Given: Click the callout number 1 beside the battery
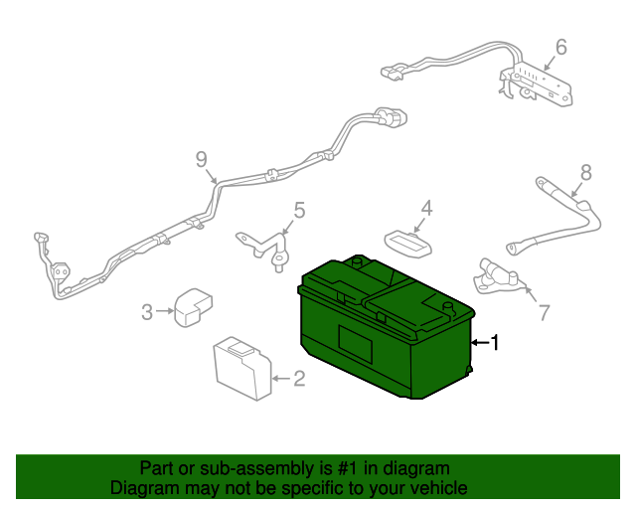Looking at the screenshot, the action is tap(495, 342).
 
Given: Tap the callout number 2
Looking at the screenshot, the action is tap(299, 379).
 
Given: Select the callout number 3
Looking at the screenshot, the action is tap(147, 312).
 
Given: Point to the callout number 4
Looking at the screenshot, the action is tap(426, 208).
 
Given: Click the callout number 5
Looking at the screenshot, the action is tap(299, 211).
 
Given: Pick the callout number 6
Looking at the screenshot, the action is tap(560, 47).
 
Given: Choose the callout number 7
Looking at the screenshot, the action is tap(544, 312).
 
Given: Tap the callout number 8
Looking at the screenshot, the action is tap(586, 173).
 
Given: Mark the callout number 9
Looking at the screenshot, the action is tap(201, 159).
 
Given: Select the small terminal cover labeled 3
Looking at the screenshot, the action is tap(193, 307).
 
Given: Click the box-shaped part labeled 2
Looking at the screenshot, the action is tap(242, 369).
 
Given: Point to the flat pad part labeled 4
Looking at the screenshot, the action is tap(407, 245).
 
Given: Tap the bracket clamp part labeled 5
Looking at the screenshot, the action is tap(264, 250).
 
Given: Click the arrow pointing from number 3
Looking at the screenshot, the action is tap(164, 311).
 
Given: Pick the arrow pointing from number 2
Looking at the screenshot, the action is tap(281, 379).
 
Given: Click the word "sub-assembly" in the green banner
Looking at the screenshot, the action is tap(257, 468).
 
